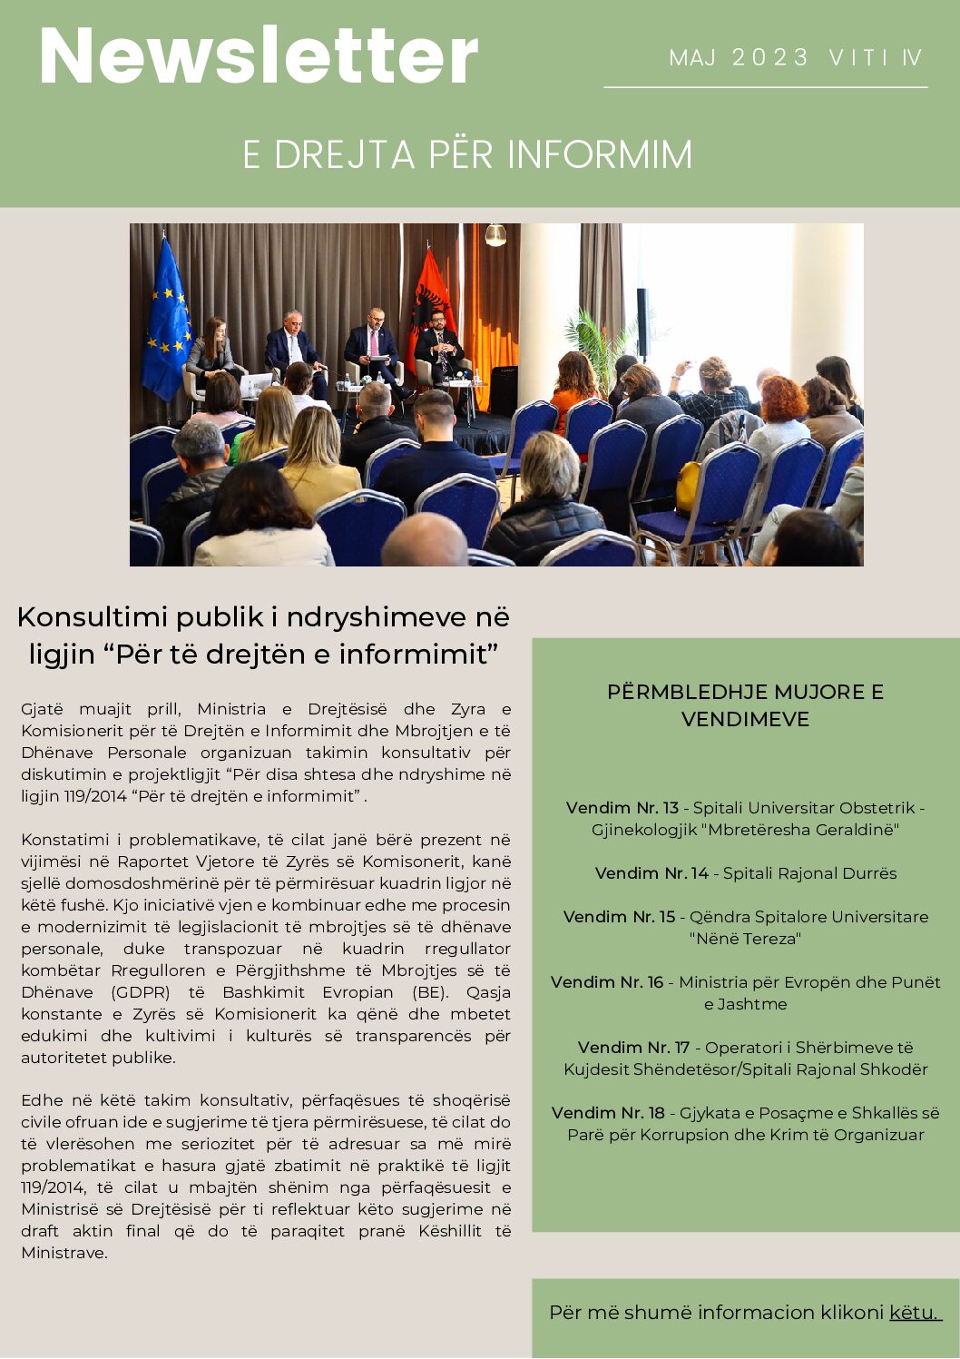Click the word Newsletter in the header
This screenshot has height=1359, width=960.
click(x=259, y=56)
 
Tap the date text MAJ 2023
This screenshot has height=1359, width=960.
click(x=739, y=58)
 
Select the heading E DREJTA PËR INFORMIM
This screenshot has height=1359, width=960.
click(x=467, y=154)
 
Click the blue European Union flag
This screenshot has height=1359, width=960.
click(x=168, y=318)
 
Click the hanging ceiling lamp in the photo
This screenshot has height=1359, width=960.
click(x=495, y=236)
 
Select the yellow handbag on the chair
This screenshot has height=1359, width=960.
click(x=689, y=487)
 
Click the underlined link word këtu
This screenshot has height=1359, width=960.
click(x=915, y=1312)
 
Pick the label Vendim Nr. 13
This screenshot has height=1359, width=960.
click(x=622, y=808)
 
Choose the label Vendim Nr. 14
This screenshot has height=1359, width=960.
click(x=651, y=873)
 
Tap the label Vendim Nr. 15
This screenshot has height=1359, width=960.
click(x=620, y=917)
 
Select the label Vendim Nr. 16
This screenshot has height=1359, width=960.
click(x=607, y=982)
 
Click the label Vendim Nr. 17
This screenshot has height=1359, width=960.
click(x=633, y=1048)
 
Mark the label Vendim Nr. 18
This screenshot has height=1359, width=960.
click(x=608, y=1113)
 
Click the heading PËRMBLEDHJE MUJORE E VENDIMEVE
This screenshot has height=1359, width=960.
click(x=745, y=705)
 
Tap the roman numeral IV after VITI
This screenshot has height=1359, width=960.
click(x=911, y=58)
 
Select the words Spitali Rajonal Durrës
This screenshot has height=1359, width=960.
click(x=809, y=873)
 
